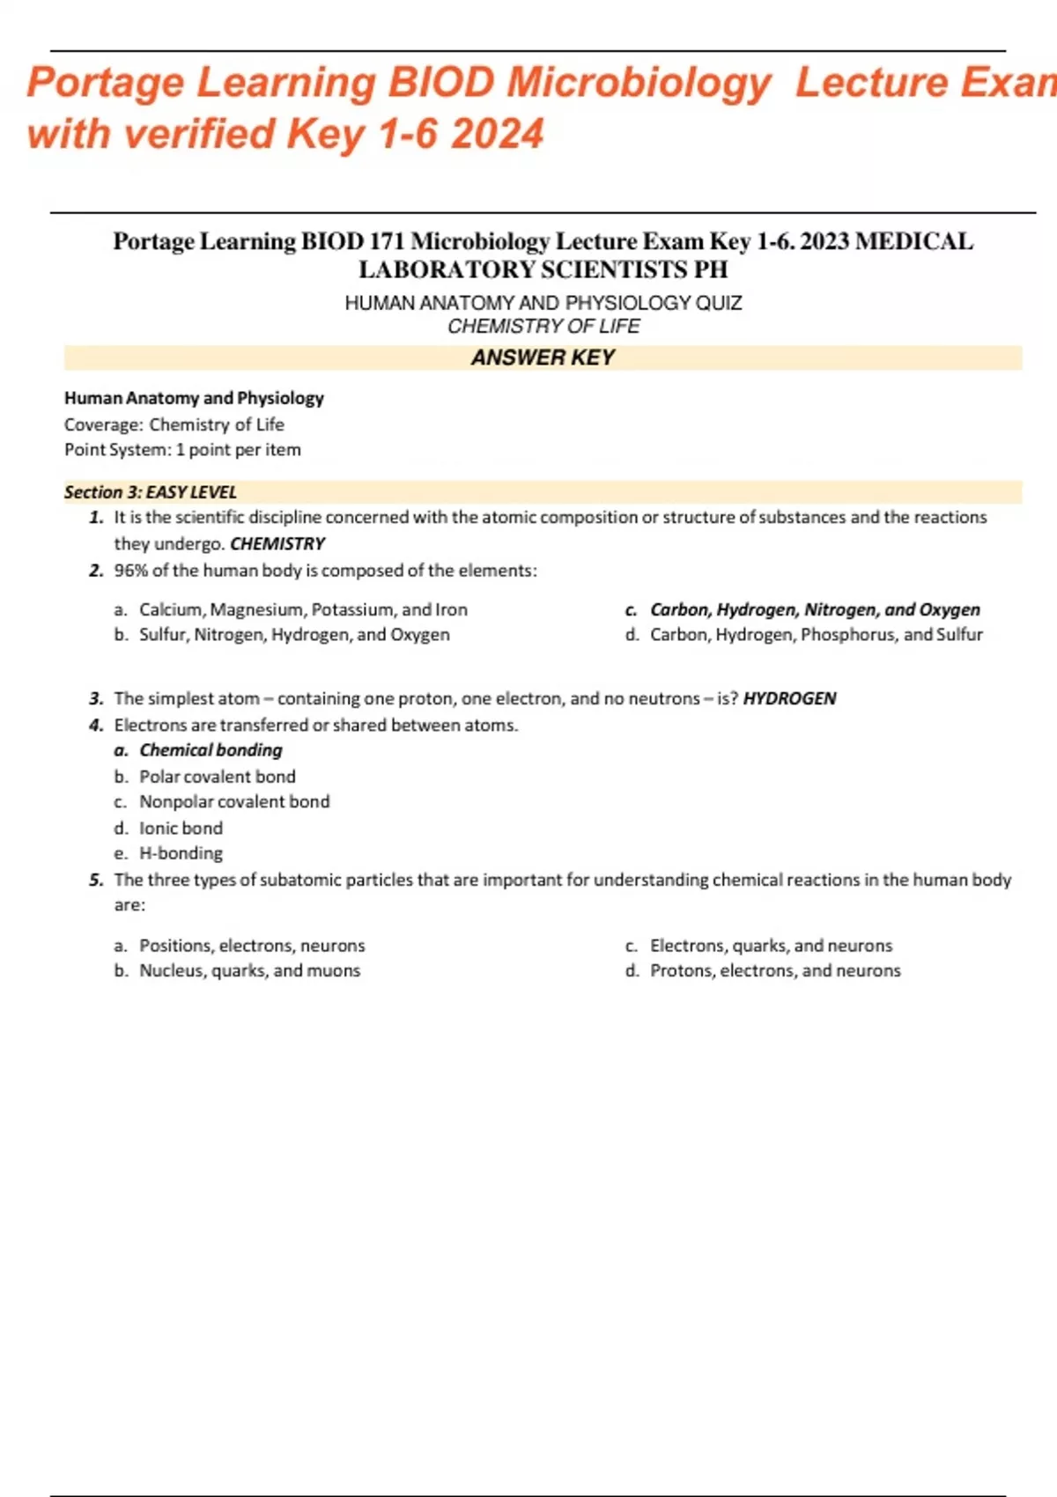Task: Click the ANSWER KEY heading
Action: coord(543,358)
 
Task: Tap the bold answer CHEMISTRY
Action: coord(277,544)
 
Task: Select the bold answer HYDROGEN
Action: coord(789,698)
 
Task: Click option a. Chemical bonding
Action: coord(211,750)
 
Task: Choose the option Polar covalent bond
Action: coord(217,777)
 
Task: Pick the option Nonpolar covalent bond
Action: coord(234,802)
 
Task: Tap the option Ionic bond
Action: coord(181,829)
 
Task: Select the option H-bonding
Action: coord(181,853)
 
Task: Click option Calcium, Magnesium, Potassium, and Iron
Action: coord(303,609)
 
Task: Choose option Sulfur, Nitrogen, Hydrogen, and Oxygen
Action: coord(294,635)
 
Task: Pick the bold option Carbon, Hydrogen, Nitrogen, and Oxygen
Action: coord(815,609)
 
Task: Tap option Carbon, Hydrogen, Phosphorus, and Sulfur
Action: coord(816,635)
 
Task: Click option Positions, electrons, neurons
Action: coord(252,946)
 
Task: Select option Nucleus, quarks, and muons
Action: coord(249,970)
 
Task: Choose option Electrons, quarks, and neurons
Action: coord(771,946)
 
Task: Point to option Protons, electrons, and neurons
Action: coord(775,970)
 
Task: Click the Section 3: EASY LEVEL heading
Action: coord(151,492)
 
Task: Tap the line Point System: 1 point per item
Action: coord(182,450)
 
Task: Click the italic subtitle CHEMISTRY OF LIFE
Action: coord(543,327)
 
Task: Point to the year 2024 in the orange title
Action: coord(497,135)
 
